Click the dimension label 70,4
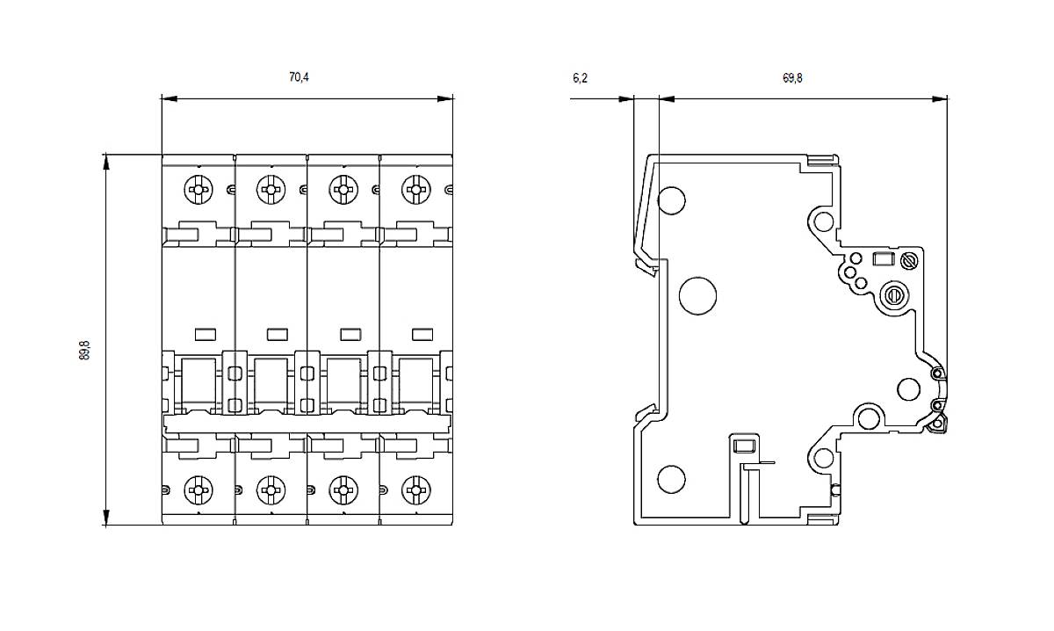[299, 77]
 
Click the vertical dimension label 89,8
[84, 349]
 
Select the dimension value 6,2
[580, 78]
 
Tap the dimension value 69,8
[792, 78]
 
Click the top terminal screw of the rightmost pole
[415, 187]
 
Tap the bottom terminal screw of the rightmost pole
[415, 488]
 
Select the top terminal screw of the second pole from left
[271, 187]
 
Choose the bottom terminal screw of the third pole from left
[343, 488]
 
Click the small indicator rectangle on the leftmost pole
[205, 333]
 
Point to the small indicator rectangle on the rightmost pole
[422, 333]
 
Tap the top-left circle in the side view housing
[671, 201]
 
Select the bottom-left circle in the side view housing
[671, 479]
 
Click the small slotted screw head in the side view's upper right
[910, 260]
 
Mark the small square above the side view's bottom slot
[743, 446]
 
